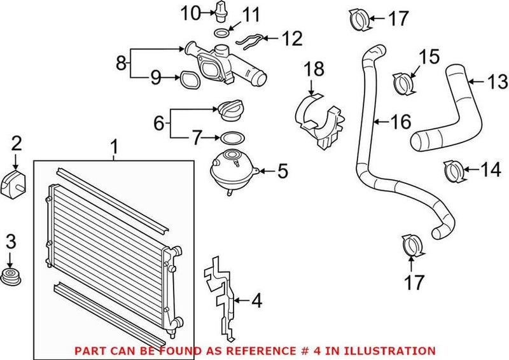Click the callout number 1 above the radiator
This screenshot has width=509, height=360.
(x=115, y=148)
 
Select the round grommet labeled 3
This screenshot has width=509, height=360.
(x=11, y=279)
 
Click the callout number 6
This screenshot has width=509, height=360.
(x=159, y=121)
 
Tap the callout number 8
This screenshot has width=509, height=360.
(x=122, y=63)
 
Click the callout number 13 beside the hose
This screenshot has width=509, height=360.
(x=498, y=81)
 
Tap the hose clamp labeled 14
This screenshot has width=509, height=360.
(x=452, y=170)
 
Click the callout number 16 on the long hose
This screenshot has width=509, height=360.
(x=401, y=121)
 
